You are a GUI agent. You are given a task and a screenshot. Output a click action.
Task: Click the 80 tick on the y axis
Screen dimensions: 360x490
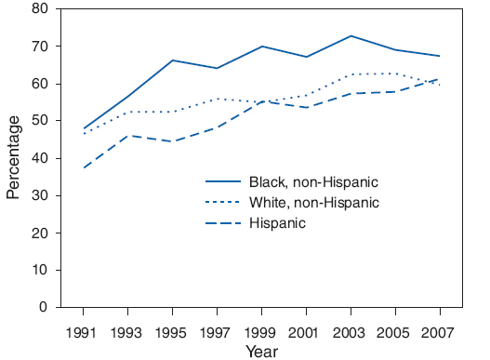pyautogui.click(x=40, y=9)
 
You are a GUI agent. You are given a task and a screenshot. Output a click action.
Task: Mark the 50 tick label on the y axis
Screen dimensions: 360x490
pyautogui.click(x=40, y=121)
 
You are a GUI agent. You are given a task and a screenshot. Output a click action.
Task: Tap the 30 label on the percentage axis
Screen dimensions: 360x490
pyautogui.click(x=40, y=195)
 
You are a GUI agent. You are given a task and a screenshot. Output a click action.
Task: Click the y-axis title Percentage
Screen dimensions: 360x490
pyautogui.click(x=13, y=158)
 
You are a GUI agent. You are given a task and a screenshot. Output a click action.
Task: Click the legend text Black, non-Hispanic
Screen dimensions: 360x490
pyautogui.click(x=314, y=182)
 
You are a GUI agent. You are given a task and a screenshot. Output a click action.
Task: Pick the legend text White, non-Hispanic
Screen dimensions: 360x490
pyautogui.click(x=314, y=203)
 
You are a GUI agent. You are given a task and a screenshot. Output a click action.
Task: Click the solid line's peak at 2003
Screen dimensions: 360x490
pyautogui.click(x=351, y=35)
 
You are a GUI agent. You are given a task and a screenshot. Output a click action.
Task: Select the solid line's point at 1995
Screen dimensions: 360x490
pyautogui.click(x=173, y=60)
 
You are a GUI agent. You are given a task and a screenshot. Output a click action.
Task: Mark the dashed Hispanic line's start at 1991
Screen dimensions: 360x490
pyautogui.click(x=84, y=167)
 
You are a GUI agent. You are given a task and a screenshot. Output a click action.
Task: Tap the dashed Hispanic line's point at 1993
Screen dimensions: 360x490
pyautogui.click(x=128, y=136)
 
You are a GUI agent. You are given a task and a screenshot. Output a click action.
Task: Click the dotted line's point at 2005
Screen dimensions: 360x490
pyautogui.click(x=396, y=73)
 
